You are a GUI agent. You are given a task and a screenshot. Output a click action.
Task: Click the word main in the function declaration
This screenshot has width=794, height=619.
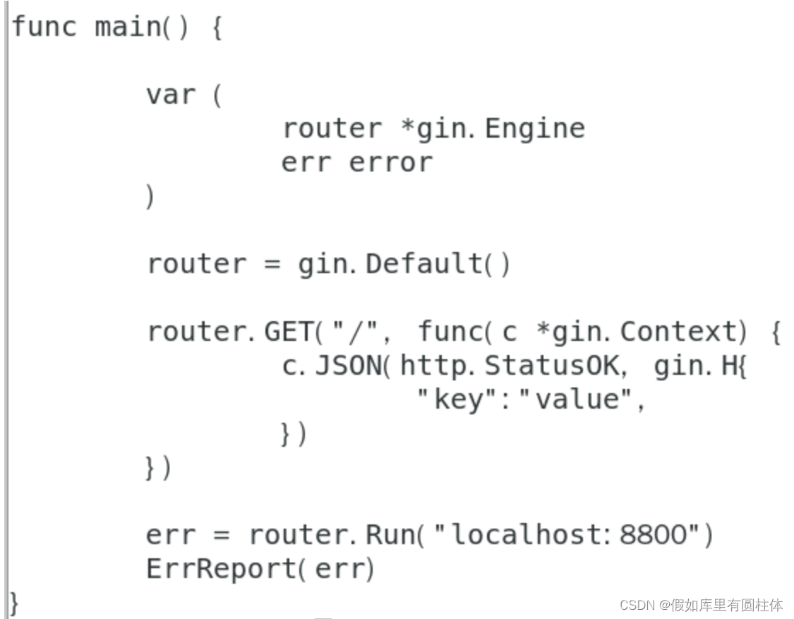click(x=127, y=28)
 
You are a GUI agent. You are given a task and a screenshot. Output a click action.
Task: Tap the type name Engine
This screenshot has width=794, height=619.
click(x=535, y=129)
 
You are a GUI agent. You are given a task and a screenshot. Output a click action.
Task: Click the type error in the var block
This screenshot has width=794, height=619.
click(x=390, y=163)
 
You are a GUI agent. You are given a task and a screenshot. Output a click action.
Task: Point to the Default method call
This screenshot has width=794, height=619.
click(x=424, y=265)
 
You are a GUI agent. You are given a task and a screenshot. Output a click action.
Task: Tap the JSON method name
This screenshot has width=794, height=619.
click(x=348, y=366)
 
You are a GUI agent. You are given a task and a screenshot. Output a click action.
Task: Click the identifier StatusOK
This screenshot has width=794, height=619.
click(x=551, y=366)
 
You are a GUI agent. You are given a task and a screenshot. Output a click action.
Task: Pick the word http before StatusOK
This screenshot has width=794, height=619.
click(x=431, y=366)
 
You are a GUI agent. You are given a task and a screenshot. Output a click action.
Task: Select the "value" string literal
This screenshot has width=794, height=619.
click(x=575, y=400)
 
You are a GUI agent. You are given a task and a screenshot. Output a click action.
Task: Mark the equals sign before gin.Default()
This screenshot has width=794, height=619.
click(x=272, y=265)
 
